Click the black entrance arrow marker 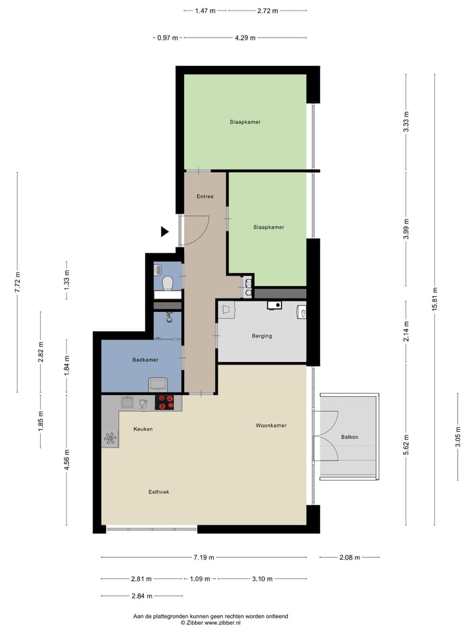point(166,231)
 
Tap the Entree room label point(205,196)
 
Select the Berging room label point(261,336)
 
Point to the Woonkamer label point(271,426)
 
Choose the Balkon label point(350,437)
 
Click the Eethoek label point(159,491)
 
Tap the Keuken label point(143,429)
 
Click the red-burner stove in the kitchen point(165,402)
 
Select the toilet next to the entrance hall point(168,284)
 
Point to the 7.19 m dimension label point(203,557)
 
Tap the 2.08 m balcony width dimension point(350,557)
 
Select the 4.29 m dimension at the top point(245,38)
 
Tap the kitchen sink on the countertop point(128,402)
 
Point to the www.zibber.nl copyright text point(210,622)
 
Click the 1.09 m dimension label point(199,579)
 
